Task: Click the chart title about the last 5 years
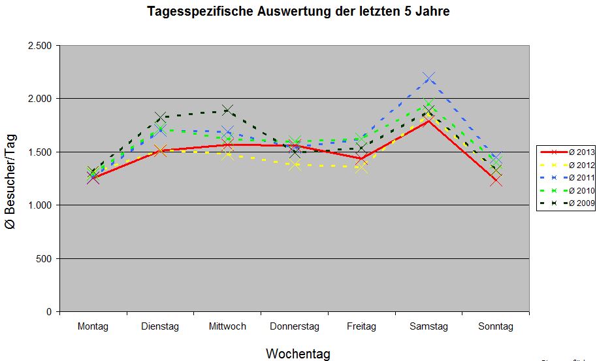(298, 12)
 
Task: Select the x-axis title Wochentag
(298, 354)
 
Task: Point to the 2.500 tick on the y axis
(40, 46)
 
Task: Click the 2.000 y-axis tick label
(40, 99)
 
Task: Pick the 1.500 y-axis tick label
(40, 152)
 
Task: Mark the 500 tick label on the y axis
(45, 259)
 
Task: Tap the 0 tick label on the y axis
(50, 312)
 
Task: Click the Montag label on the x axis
(93, 326)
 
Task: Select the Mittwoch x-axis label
(227, 326)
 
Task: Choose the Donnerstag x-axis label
(295, 326)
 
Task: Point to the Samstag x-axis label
(428, 326)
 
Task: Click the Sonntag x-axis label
(496, 326)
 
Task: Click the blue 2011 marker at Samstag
(428, 78)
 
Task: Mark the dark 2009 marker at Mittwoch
(227, 111)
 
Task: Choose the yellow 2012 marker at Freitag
(361, 167)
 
